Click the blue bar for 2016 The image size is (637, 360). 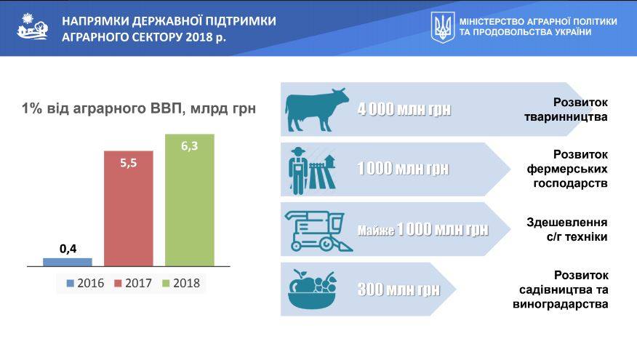click(x=68, y=262)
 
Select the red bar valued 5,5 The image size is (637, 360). click(x=129, y=209)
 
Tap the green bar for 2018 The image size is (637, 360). click(x=189, y=200)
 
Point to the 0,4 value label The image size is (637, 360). click(x=68, y=249)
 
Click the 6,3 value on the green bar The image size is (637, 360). click(x=189, y=146)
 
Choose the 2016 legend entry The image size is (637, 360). click(x=85, y=283)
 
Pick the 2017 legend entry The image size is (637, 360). click(x=133, y=283)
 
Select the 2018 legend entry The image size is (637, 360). click(x=181, y=283)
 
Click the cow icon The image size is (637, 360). click(x=316, y=110)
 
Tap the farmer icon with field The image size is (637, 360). click(x=313, y=170)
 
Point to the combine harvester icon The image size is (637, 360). click(x=318, y=231)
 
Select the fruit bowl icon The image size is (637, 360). click(x=313, y=289)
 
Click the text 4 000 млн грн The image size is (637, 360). click(x=404, y=109)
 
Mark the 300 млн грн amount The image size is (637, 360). click(x=398, y=289)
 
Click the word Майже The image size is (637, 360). click(x=376, y=231)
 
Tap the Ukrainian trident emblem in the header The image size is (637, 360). click(x=443, y=27)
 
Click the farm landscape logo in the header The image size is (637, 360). click(x=33, y=26)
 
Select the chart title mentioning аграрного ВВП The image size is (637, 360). click(x=139, y=108)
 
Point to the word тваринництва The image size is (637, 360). click(x=566, y=117)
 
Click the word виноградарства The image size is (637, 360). click(x=561, y=304)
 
